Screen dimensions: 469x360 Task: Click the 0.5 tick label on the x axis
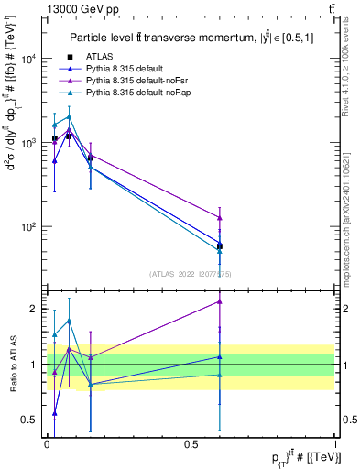tap(191, 442)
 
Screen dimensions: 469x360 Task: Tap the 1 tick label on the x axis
tap(335, 442)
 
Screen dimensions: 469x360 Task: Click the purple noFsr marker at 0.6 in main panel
tap(220, 217)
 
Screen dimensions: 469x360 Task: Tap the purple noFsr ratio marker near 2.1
tap(220, 300)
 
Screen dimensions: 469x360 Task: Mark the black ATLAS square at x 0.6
tap(220, 245)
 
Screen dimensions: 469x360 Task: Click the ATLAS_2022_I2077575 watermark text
tap(191, 272)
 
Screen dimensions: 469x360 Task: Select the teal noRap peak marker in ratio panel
tap(69, 321)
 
